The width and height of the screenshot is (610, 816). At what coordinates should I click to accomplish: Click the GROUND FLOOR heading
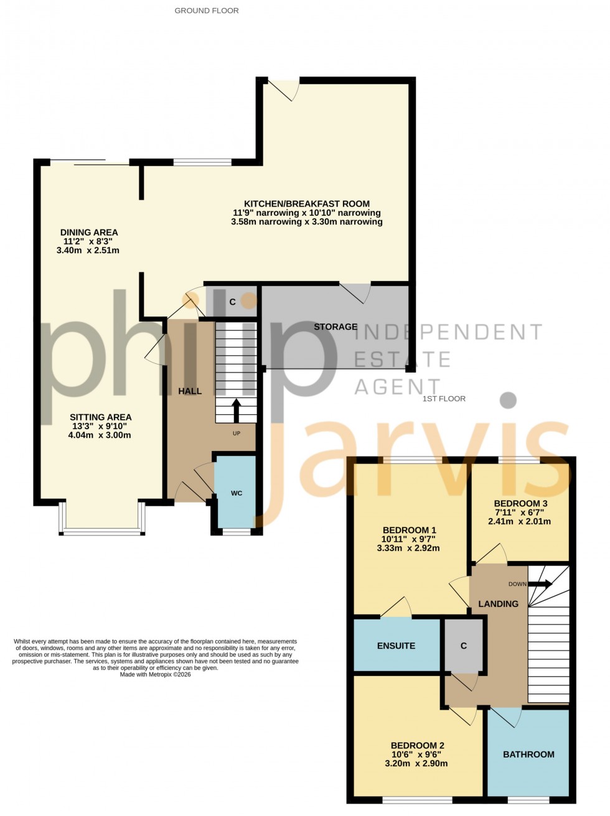(x=206, y=11)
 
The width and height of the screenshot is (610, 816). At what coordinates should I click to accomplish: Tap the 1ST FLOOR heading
(x=444, y=399)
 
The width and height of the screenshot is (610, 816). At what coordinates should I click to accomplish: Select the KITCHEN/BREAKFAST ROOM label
(x=306, y=204)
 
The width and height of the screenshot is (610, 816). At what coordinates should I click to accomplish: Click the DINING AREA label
(x=88, y=233)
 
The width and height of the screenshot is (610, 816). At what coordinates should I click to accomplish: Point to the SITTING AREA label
(x=100, y=417)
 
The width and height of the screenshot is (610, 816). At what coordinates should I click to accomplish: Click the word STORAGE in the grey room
(x=335, y=327)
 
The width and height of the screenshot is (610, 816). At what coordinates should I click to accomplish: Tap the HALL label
(x=190, y=391)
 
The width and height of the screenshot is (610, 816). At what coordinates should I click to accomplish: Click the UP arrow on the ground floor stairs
(x=237, y=410)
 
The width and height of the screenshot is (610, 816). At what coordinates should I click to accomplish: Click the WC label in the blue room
(x=237, y=493)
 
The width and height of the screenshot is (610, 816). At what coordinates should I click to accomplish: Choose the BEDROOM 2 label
(x=417, y=746)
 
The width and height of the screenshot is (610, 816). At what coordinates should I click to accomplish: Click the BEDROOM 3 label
(x=520, y=504)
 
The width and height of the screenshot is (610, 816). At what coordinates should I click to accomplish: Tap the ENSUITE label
(x=396, y=646)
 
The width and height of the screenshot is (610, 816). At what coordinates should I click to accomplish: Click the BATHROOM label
(x=528, y=754)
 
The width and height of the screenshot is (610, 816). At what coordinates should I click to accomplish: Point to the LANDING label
(x=498, y=604)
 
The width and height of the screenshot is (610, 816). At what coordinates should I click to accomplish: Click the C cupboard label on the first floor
(x=463, y=646)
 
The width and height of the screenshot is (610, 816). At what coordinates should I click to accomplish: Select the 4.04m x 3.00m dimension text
(x=100, y=435)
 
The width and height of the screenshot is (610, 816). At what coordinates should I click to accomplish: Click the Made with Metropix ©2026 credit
(x=155, y=674)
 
